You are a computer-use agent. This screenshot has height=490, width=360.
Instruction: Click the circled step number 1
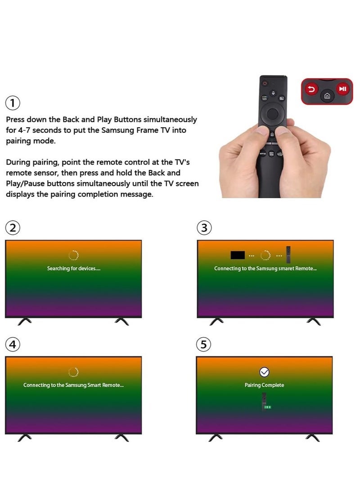click(13, 103)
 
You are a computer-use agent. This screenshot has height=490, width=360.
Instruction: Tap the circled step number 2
click(13, 228)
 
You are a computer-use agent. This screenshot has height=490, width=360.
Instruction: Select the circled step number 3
click(204, 228)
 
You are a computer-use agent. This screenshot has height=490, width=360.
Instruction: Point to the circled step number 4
click(13, 344)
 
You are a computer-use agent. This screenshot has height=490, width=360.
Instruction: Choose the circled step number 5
click(204, 344)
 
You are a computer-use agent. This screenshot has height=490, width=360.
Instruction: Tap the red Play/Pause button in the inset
click(342, 89)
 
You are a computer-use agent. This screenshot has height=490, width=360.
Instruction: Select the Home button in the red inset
click(327, 96)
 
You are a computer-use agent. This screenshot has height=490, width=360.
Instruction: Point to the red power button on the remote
click(265, 83)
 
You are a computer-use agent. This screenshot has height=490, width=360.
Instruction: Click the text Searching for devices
click(73, 268)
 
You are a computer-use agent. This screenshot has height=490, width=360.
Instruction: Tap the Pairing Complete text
click(264, 385)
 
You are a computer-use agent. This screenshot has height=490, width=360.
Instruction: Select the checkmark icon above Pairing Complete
click(265, 372)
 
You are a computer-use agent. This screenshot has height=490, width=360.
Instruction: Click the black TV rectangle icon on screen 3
click(238, 255)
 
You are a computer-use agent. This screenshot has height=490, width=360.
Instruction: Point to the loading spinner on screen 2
click(73, 255)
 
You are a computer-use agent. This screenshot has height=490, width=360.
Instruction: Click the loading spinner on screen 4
click(73, 372)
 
